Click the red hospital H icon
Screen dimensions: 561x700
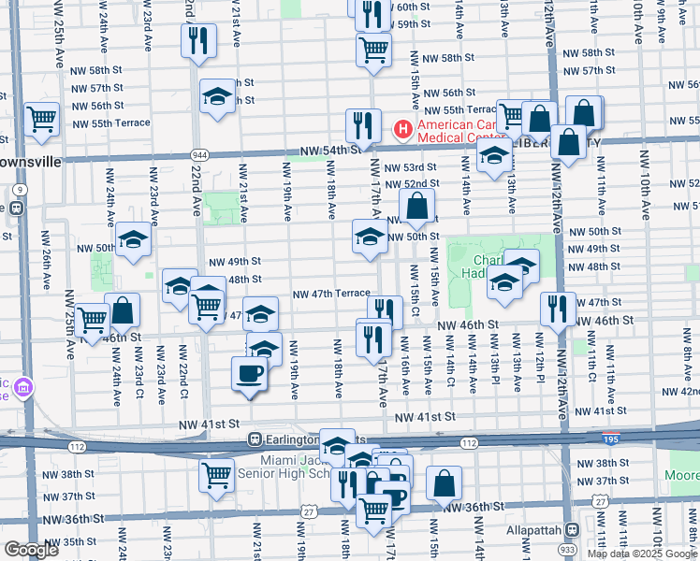(x=403, y=128)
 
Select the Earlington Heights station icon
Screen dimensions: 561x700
(x=254, y=439)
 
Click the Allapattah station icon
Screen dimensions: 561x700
(x=571, y=527)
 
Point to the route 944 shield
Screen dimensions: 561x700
(x=197, y=154)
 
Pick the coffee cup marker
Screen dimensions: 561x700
(x=249, y=374)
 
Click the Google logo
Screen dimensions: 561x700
(x=31, y=550)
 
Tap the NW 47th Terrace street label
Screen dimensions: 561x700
(x=331, y=294)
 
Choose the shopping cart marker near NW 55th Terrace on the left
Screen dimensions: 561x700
(x=42, y=119)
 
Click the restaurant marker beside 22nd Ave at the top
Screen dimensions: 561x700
(x=198, y=40)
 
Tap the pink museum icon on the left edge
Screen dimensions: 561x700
(x=22, y=385)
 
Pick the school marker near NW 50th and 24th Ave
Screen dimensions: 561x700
(x=134, y=240)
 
